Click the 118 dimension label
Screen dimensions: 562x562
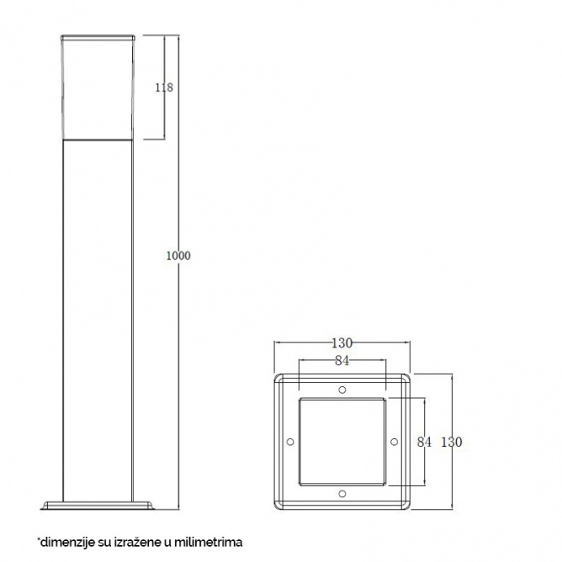(164, 87)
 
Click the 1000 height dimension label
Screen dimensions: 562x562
(178, 256)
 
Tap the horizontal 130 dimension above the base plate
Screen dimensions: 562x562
(342, 343)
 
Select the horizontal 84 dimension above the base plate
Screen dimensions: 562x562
(342, 361)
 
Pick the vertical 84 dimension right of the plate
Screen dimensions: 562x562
(424, 442)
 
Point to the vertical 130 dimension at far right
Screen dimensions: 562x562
(451, 442)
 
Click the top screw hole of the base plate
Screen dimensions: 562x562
(342, 390)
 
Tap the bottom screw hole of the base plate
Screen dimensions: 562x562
(342, 494)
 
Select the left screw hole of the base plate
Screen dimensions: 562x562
(290, 442)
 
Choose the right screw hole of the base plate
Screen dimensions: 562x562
(395, 442)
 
